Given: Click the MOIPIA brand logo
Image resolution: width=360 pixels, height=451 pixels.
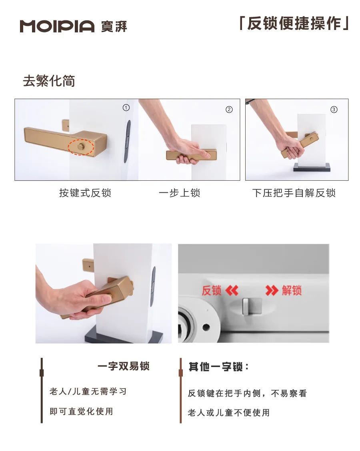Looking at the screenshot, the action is pyautogui.click(x=57, y=26).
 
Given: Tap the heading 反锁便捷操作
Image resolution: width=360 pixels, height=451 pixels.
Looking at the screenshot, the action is pyautogui.click(x=294, y=23).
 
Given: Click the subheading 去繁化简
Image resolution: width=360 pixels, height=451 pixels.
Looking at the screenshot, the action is pyautogui.click(x=49, y=81).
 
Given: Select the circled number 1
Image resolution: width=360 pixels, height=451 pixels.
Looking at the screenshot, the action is pyautogui.click(x=126, y=108).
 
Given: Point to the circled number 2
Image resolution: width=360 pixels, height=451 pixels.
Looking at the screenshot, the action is pyautogui.click(x=229, y=110).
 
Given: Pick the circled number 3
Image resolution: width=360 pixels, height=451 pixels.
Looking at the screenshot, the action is pyautogui.click(x=334, y=110).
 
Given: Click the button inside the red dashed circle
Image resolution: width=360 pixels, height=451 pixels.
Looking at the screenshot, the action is pyautogui.click(x=81, y=147).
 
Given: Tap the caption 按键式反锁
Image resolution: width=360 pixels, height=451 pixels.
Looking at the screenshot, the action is pyautogui.click(x=85, y=193).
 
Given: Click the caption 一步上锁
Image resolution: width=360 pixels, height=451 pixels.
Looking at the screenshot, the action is pyautogui.click(x=179, y=193).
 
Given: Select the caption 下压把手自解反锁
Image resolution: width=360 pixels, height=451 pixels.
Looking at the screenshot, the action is pyautogui.click(x=294, y=193).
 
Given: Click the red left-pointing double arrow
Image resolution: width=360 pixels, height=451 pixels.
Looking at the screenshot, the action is pyautogui.click(x=232, y=291).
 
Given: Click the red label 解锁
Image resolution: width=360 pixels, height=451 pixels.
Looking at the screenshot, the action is pyautogui.click(x=292, y=291).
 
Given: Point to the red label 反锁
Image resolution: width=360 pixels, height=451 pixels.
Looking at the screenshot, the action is pyautogui.click(x=212, y=291).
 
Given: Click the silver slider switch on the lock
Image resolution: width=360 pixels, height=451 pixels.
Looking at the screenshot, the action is pyautogui.click(x=252, y=306).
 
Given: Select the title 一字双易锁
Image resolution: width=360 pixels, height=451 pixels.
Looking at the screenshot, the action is pyautogui.click(x=124, y=366).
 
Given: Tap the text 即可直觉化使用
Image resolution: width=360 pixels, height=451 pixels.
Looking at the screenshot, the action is pyautogui.click(x=81, y=411).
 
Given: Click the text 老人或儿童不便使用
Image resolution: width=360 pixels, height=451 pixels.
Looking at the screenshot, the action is pyautogui.click(x=229, y=413).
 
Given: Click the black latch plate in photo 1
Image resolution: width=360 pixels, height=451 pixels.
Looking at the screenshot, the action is pyautogui.click(x=128, y=141).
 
